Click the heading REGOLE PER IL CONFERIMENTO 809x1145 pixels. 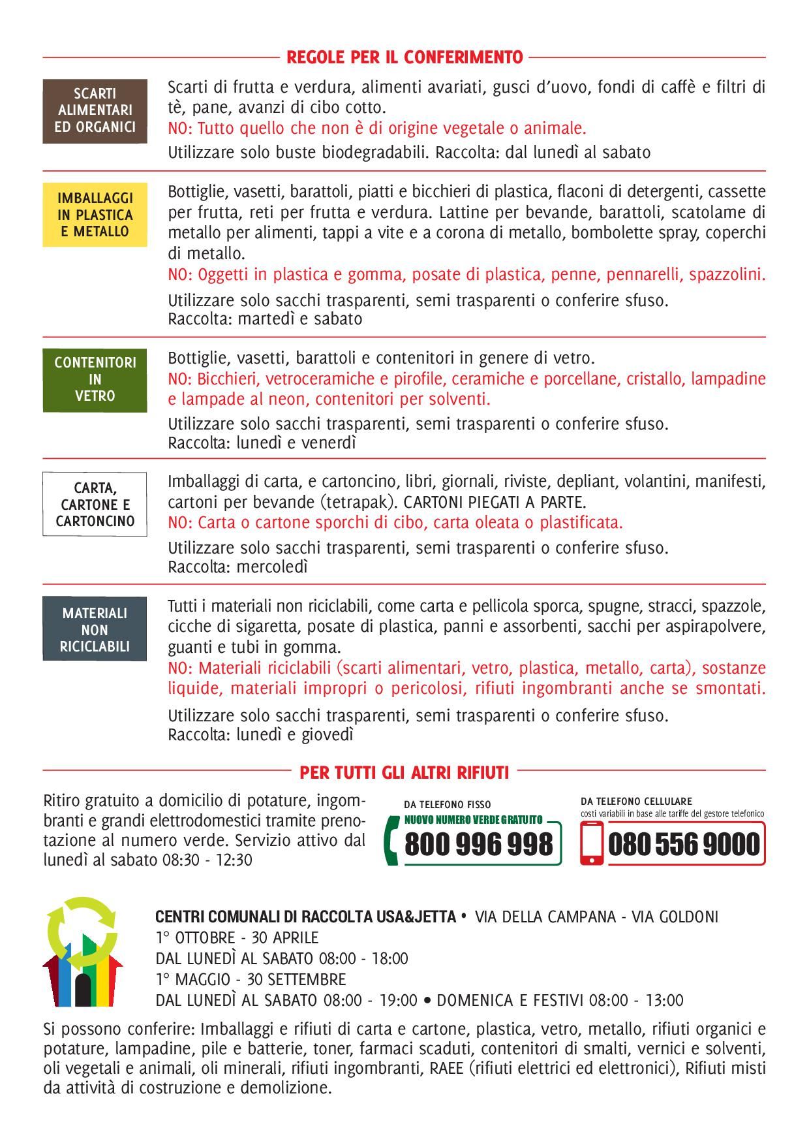404,57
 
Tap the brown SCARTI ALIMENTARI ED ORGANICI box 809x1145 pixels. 95,110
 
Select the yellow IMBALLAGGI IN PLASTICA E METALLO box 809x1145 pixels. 95,215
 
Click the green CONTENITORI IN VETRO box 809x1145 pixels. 95,379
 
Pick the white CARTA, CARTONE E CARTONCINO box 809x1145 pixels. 95,504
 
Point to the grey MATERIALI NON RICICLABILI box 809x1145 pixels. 95,629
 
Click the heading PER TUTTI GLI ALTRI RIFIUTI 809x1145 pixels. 404,773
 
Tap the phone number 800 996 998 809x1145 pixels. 479,845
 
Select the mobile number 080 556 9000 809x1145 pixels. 684,845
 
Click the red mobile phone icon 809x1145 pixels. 592,843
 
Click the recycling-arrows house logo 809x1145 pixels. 82,952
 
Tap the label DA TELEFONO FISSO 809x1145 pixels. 448,805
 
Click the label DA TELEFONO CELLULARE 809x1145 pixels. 636,801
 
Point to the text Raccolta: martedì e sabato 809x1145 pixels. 265,319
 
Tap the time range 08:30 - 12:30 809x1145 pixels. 207,860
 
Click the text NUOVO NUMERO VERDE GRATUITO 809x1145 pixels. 474,820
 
